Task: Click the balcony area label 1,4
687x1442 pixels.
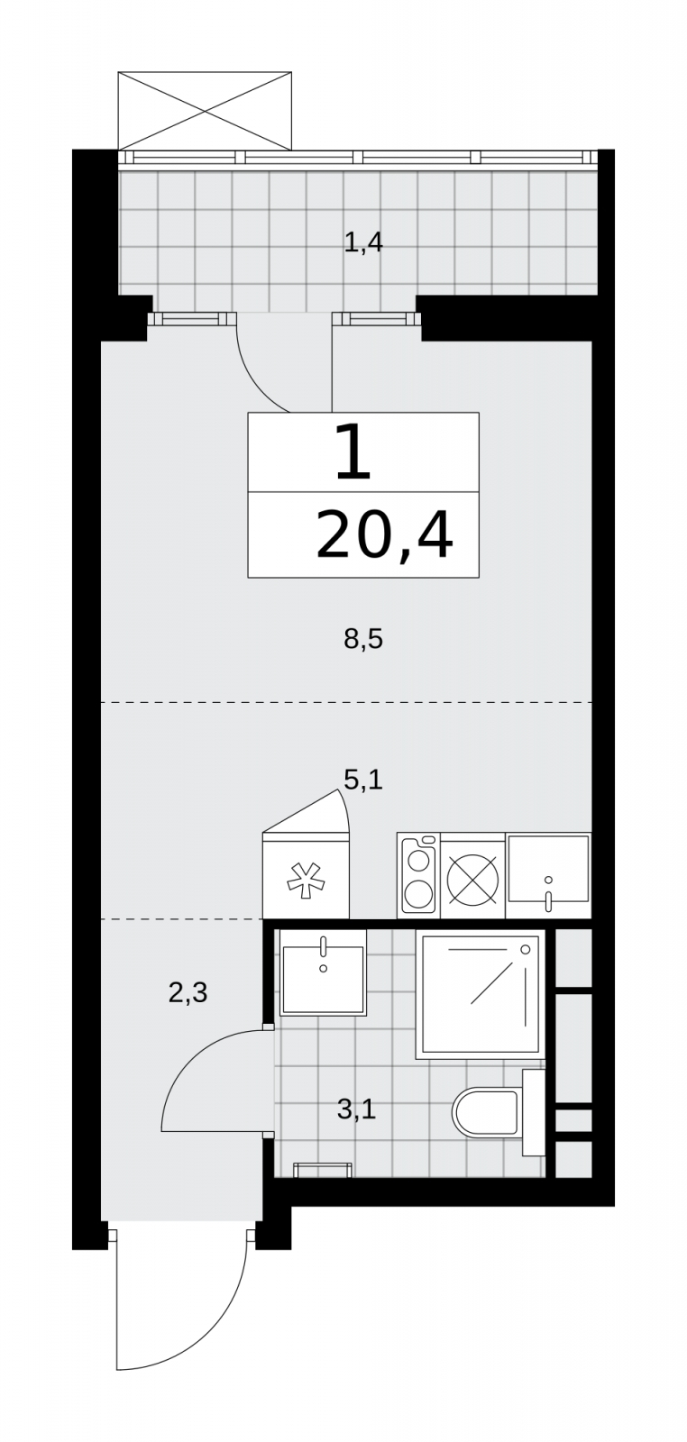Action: point(363,242)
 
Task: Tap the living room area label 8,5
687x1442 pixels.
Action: point(363,639)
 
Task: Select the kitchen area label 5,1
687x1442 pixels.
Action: point(363,780)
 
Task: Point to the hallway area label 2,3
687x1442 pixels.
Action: point(188,993)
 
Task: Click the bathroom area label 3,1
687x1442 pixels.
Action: point(356,1109)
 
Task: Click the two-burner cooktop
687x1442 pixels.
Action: point(418,875)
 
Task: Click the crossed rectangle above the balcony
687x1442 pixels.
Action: point(206,111)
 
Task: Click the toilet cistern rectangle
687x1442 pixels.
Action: point(534,1112)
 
